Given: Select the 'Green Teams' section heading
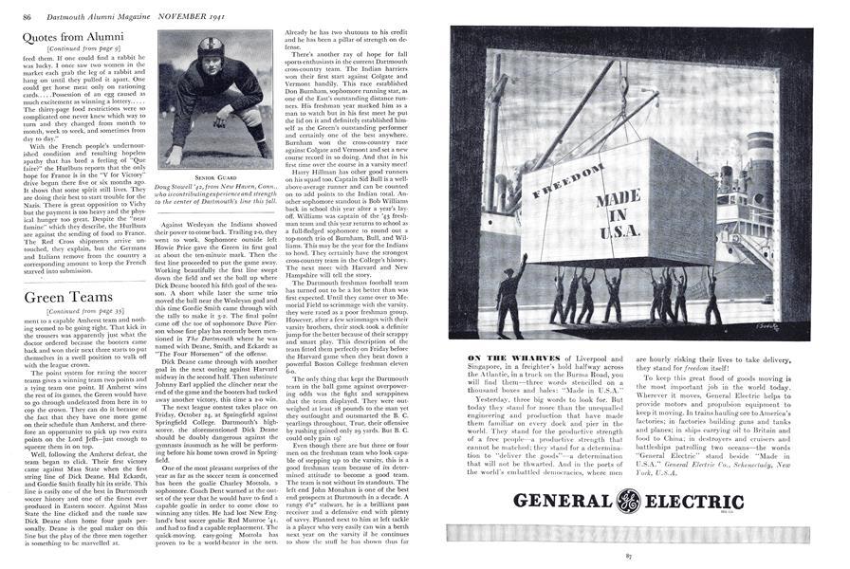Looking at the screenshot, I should [58, 297].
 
